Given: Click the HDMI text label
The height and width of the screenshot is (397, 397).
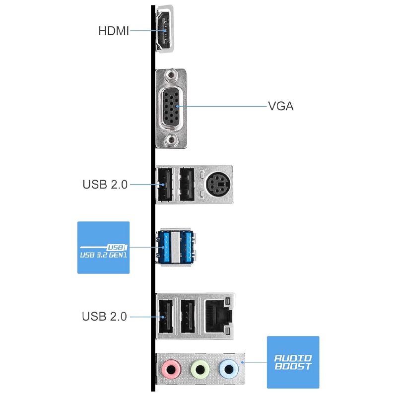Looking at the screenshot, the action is click(114, 31).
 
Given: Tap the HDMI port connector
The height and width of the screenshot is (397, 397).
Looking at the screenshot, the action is click(165, 29).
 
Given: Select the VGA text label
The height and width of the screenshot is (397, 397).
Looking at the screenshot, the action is click(281, 106).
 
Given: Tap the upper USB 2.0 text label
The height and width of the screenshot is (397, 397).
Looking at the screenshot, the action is click(105, 184).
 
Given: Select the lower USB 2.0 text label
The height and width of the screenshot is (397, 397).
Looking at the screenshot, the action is click(104, 317).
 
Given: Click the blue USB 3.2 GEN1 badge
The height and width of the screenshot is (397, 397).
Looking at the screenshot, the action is click(103, 248).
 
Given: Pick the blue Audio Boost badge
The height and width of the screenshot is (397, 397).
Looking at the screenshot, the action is click(293, 362).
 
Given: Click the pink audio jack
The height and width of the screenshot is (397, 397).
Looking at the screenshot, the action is click(171, 369).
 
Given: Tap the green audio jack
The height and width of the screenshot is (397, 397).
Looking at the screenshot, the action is click(200, 369).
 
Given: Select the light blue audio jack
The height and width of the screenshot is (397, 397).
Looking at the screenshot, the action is click(229, 369).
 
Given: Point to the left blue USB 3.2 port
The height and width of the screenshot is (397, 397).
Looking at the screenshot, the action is click(163, 247).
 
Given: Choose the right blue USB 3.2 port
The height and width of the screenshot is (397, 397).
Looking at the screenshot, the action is click(188, 247).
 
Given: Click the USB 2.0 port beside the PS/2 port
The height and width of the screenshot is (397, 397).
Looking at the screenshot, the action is click(187, 185).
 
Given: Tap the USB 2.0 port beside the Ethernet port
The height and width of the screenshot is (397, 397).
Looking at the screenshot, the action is click(188, 316).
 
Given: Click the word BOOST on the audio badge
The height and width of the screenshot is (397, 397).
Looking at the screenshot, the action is click(293, 366).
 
